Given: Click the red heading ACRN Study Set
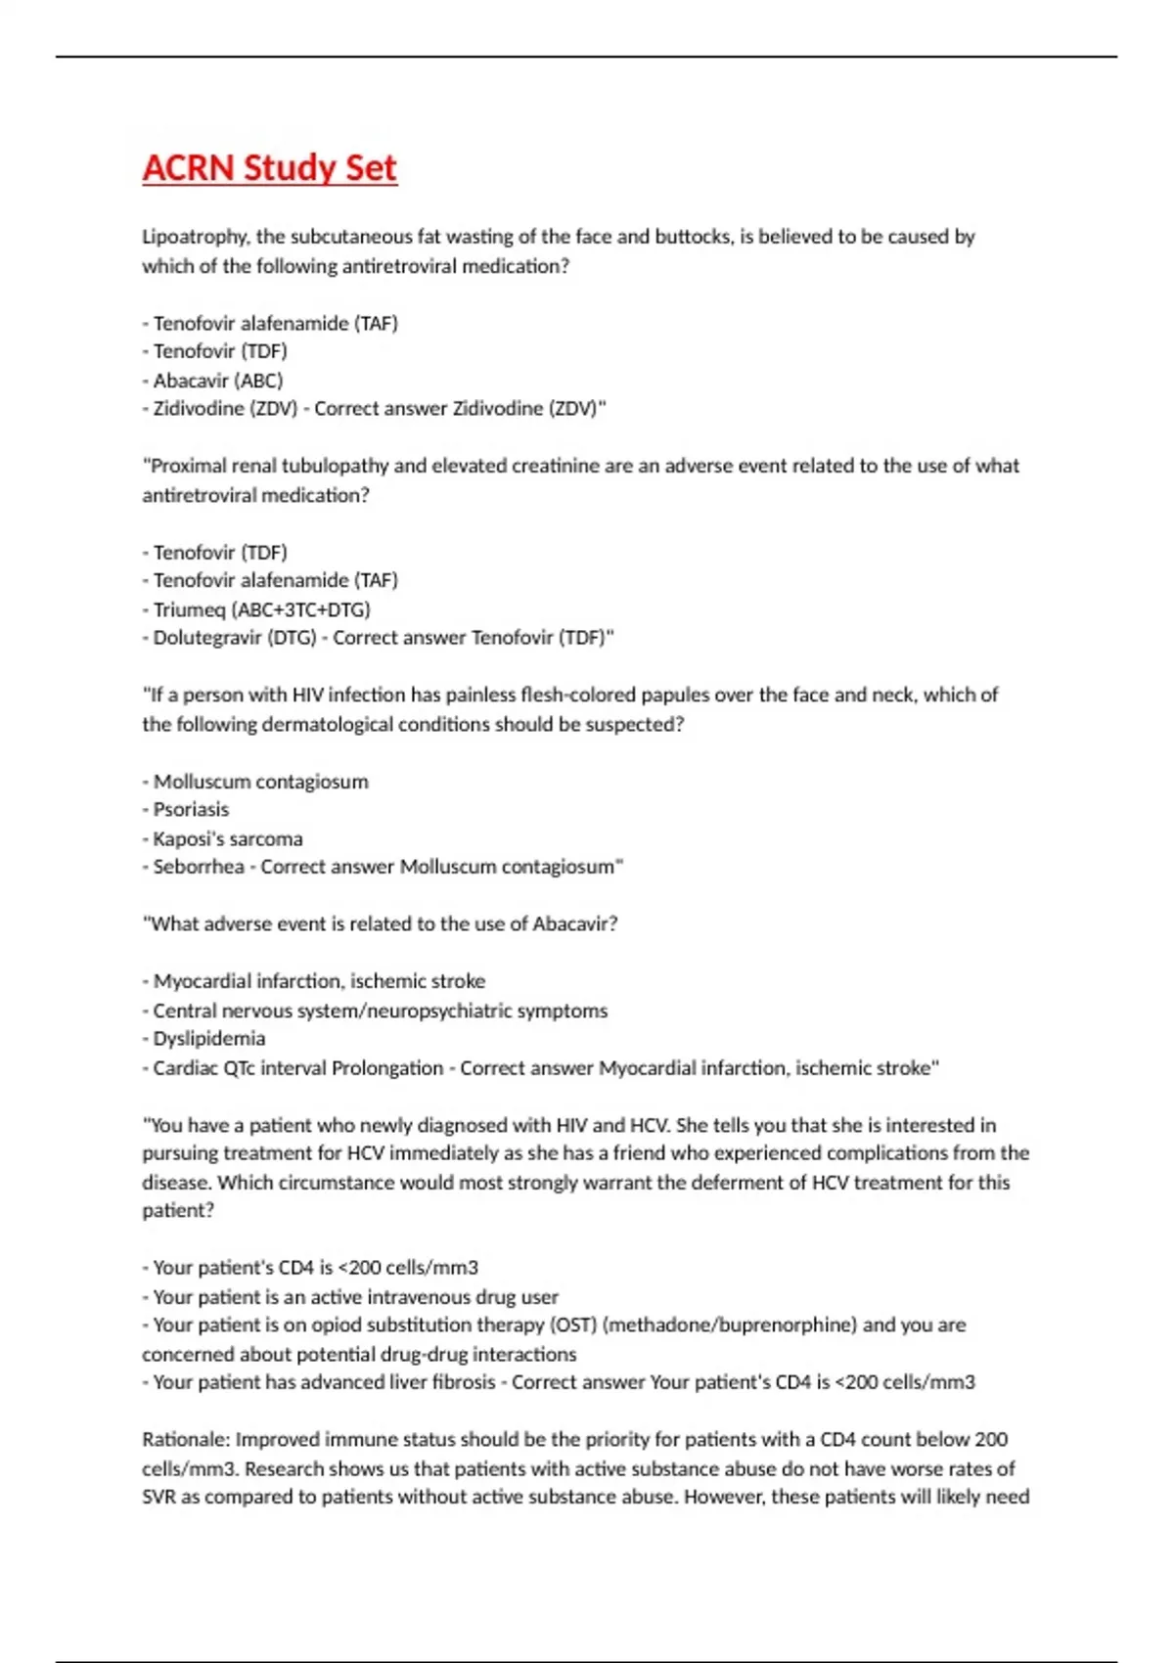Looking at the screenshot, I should [x=269, y=167].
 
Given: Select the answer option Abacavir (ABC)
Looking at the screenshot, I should [x=217, y=381].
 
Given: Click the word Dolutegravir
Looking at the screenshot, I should [x=207, y=638].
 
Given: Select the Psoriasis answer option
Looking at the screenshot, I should [x=191, y=810].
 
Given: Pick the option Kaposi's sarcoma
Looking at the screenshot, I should [x=227, y=839].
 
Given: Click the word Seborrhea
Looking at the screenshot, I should [x=199, y=867].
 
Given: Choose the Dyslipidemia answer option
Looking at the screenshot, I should [x=208, y=1039].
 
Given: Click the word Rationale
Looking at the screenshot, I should [x=184, y=1440].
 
